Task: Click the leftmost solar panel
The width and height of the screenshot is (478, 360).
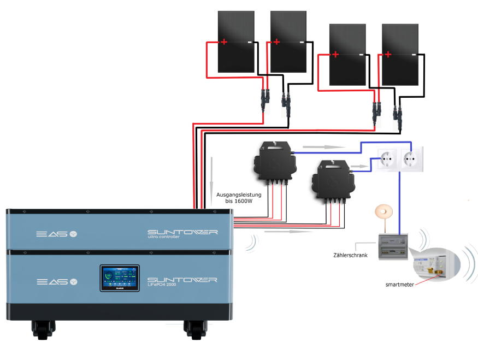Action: point(236,42)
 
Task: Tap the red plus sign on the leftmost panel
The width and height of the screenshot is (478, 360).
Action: point(224,42)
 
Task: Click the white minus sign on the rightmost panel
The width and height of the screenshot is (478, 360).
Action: point(414,54)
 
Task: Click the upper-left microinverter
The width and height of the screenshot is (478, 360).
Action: point(274,163)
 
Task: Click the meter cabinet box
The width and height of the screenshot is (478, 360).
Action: point(393,247)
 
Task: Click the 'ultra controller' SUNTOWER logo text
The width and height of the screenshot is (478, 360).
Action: point(182,234)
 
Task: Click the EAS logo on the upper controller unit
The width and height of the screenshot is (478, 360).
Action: point(57,234)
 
